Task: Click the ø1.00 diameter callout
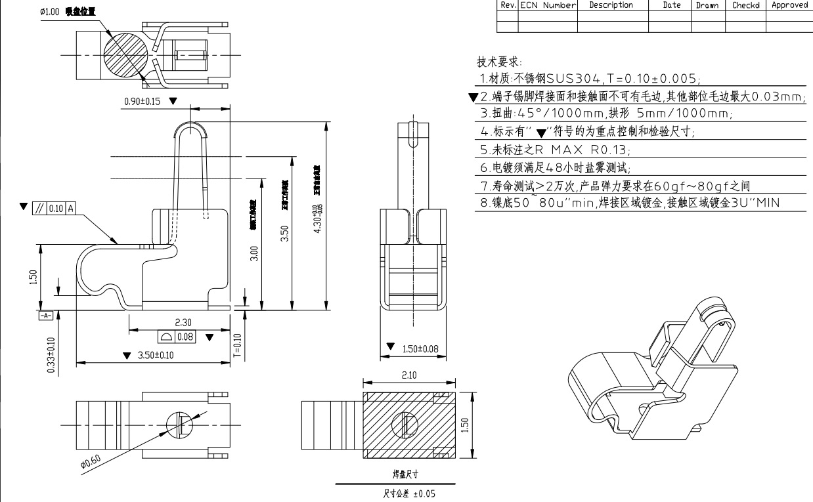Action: click(x=51, y=12)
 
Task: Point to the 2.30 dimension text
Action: click(x=183, y=322)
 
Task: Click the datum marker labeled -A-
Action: click(x=45, y=316)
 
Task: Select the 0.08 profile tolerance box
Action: click(x=178, y=337)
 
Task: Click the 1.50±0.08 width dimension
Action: click(x=420, y=348)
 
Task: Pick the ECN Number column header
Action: click(x=548, y=5)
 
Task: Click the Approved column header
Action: click(x=789, y=5)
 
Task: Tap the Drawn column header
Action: click(x=707, y=5)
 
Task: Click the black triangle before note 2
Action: click(x=473, y=98)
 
